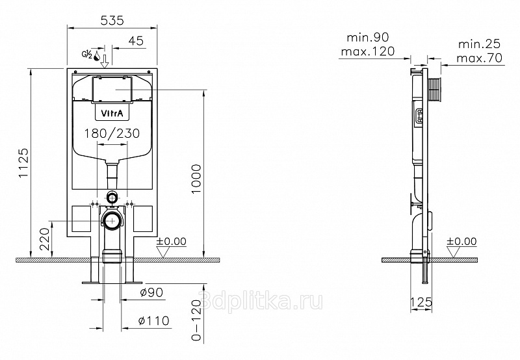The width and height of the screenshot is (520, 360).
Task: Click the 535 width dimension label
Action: pyautogui.click(x=112, y=21)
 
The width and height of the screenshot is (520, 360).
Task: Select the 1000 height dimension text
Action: pyautogui.click(x=196, y=179)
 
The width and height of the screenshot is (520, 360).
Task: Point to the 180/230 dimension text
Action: pyautogui.click(x=112, y=133)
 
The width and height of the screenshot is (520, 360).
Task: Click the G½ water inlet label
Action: pyautogui.click(x=87, y=55)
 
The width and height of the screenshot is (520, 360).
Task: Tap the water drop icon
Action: pyautogui.click(x=97, y=56)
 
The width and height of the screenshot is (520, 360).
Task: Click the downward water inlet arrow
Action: pyautogui.click(x=105, y=61)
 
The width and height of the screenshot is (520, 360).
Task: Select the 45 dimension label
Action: pyautogui.click(x=136, y=41)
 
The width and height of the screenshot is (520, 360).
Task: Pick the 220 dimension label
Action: pyautogui.click(x=46, y=238)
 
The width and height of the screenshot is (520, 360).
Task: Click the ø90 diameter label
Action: pyautogui.click(x=151, y=292)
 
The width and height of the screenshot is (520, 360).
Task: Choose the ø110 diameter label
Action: pyautogui.click(x=153, y=320)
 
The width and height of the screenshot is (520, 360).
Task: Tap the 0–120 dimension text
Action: pyautogui.click(x=197, y=320)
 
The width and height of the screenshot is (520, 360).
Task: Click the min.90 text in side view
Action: pyautogui.click(x=368, y=37)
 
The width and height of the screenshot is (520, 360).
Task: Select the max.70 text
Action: pyautogui.click(x=480, y=58)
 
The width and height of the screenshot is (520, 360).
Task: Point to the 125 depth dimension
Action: pyautogui.click(x=421, y=302)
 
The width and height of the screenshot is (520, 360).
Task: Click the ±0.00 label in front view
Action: pyautogui.click(x=172, y=241)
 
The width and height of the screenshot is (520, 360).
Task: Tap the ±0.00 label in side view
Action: pyautogui.click(x=461, y=241)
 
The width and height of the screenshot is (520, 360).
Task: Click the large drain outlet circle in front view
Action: pyautogui.click(x=112, y=220)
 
